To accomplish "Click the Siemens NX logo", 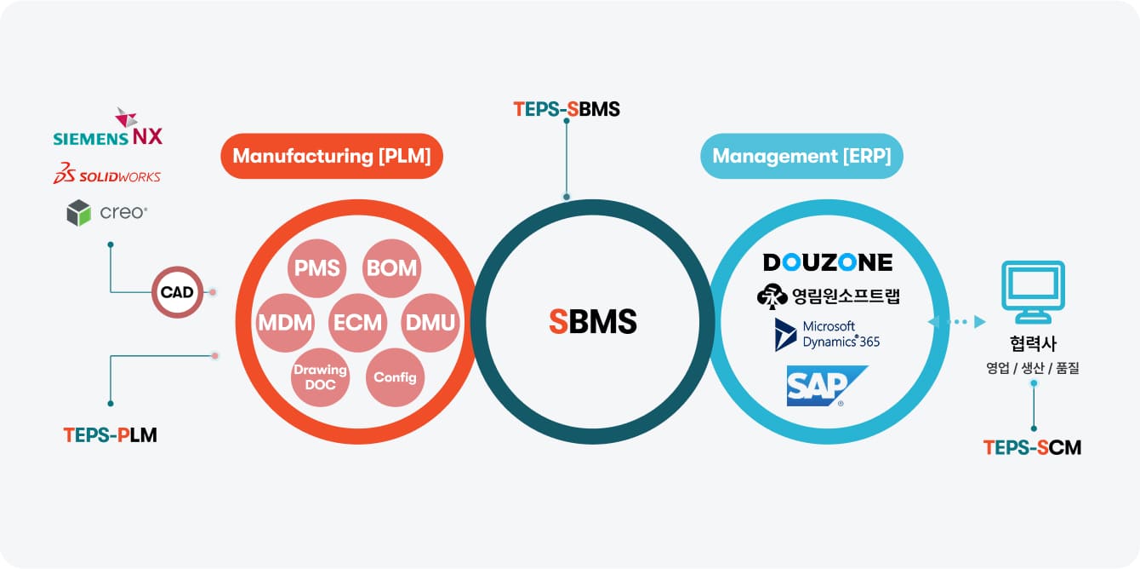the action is [x=108, y=127].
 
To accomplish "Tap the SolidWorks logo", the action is [x=107, y=173].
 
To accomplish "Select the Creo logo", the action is [x=107, y=212].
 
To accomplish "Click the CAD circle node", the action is [x=177, y=292].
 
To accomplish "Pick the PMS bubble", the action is [x=316, y=268].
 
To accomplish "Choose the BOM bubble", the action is [x=392, y=268].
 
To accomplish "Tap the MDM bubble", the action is [x=285, y=323].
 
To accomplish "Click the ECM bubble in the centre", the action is [x=358, y=323].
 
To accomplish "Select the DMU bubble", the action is [x=430, y=323].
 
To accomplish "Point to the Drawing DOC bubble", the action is [x=320, y=377].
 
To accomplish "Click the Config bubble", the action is [x=395, y=377].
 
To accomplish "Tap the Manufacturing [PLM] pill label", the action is [x=332, y=156].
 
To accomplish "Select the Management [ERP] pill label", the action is [x=801, y=156].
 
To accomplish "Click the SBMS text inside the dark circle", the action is [x=593, y=321].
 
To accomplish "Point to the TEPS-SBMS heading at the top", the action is [x=567, y=109].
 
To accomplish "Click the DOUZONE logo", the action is [x=828, y=262].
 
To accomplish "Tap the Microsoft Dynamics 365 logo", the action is [x=827, y=335].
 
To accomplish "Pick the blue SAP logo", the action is [x=827, y=386].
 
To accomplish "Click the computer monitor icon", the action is [x=1033, y=292].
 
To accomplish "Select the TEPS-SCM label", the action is [x=1032, y=448].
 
